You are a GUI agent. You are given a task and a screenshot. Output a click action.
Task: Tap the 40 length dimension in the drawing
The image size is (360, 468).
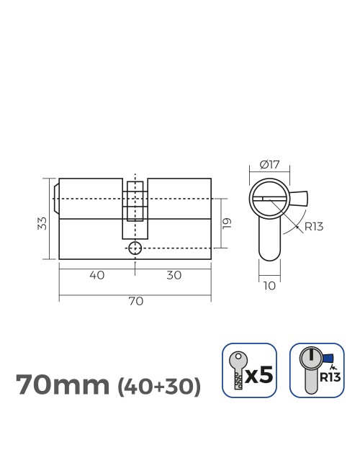[x=98, y=275]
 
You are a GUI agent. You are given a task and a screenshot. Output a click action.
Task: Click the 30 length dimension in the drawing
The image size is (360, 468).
[x=173, y=275]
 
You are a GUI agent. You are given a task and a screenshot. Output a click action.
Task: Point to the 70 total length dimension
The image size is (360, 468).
[x=135, y=301]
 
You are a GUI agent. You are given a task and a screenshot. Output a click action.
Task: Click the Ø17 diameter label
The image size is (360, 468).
[x=269, y=165]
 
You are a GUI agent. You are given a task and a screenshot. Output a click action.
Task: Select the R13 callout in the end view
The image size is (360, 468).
[x=313, y=227]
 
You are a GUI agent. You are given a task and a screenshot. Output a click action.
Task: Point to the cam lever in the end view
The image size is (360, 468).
[x=300, y=197]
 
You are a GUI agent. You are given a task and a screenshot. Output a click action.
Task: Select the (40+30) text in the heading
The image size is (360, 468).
[x=158, y=387]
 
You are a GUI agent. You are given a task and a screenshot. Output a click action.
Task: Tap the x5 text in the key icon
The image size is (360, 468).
[x=260, y=374]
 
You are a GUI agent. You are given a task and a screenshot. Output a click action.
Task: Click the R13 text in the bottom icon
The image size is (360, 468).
[x=329, y=376]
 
